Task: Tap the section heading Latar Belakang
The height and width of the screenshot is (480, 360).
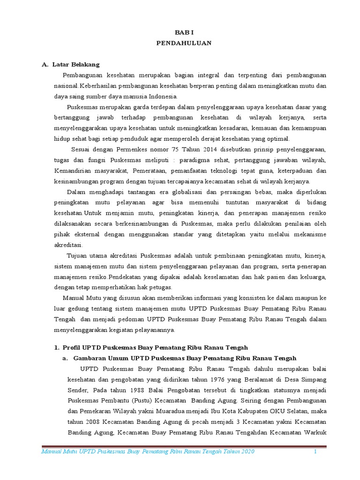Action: pos(76,64)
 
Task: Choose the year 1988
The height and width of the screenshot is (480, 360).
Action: pos(135,390)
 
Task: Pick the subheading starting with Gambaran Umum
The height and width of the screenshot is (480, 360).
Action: pos(185,358)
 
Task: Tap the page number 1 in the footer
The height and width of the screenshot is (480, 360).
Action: pos(315,451)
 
